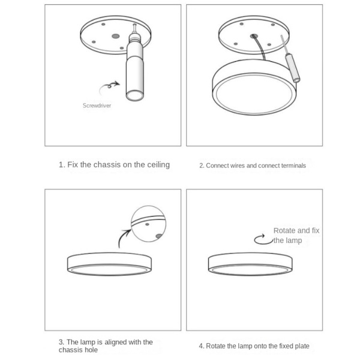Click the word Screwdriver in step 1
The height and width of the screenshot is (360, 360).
pyautogui.click(x=97, y=106)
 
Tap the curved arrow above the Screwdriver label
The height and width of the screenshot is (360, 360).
pyautogui.click(x=109, y=86)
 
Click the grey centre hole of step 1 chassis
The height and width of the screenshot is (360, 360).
pyautogui.click(x=115, y=36)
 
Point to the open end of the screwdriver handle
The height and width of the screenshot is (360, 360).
pyautogui.click(x=135, y=95)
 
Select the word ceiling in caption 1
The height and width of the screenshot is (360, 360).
pyautogui.click(x=158, y=164)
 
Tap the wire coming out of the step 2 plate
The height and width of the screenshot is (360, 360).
pyautogui.click(x=260, y=47)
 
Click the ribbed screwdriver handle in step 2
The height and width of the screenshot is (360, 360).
pyautogui.click(x=292, y=68)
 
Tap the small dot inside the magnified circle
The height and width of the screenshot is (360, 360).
pyautogui.click(x=147, y=224)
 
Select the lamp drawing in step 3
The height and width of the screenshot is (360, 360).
pyautogui.click(x=109, y=264)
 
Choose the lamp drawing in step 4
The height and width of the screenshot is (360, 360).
pyautogui.click(x=250, y=264)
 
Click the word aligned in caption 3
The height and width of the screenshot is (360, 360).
pyautogui.click(x=115, y=342)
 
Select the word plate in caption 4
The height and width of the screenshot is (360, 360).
pyautogui.click(x=302, y=346)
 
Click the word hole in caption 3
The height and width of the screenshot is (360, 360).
pyautogui.click(x=91, y=350)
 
